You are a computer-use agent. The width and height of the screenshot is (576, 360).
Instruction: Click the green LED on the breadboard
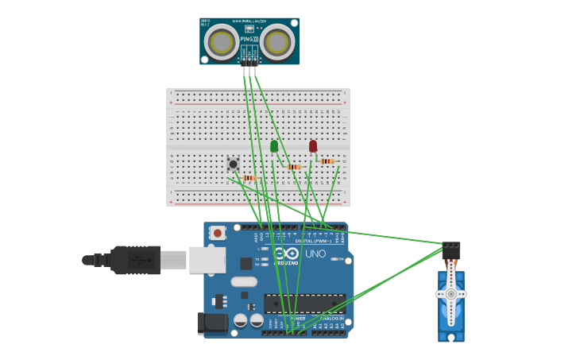click(x=274, y=146)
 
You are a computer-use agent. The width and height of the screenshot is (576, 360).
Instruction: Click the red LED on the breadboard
click(x=313, y=146)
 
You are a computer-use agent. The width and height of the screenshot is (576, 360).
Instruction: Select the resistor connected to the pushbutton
click(x=249, y=177)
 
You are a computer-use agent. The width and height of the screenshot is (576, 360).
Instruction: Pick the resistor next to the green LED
click(x=294, y=167)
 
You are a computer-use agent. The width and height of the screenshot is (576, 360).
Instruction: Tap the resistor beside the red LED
click(x=327, y=161)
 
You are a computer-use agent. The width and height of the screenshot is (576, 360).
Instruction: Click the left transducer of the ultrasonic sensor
click(x=222, y=41)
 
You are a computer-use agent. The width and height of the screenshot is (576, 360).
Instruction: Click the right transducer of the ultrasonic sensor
click(x=277, y=41)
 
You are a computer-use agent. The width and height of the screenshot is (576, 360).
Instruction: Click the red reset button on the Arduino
click(x=217, y=233)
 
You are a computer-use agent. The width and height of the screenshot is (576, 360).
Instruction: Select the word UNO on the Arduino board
click(x=315, y=254)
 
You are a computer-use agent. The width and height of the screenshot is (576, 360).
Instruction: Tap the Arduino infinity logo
click(x=286, y=254)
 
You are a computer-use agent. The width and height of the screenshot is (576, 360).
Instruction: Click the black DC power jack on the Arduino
click(x=211, y=322)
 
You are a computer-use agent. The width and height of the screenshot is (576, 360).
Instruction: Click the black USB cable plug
click(x=135, y=260)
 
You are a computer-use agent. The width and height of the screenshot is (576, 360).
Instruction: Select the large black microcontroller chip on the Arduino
click(x=304, y=303)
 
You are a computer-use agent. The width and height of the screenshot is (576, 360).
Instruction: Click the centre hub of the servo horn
click(x=450, y=293)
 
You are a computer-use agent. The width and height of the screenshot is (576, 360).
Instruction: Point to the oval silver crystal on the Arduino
click(x=244, y=281)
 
